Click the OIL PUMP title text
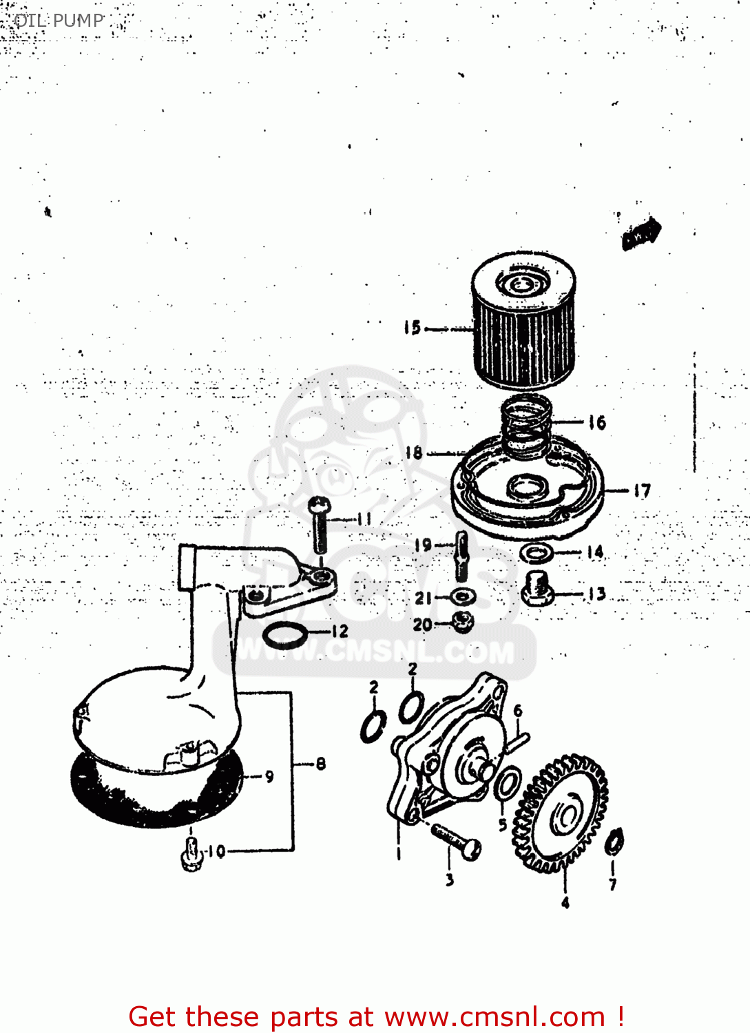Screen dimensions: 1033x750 point(59,21)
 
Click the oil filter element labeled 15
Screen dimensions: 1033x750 point(523,324)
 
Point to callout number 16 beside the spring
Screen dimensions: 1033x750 point(597,422)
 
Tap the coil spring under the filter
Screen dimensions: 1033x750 point(526,427)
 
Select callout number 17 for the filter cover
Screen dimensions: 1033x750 point(642,491)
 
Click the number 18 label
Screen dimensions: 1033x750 point(413,452)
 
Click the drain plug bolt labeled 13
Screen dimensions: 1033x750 point(537,590)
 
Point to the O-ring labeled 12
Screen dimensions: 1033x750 point(285,634)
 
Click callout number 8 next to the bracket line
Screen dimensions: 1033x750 point(320,763)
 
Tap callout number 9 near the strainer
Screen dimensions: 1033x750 point(269,776)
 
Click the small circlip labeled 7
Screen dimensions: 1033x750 point(614,842)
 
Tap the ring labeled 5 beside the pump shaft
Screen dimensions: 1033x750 point(508,786)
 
